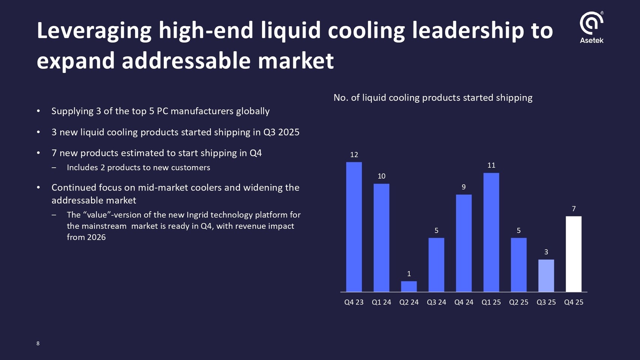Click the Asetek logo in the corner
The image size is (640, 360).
591,27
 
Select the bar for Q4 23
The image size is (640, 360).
354,227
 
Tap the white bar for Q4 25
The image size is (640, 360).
573,254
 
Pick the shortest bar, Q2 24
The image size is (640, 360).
409,286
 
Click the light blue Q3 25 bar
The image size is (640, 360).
546,276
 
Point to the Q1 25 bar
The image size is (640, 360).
491,232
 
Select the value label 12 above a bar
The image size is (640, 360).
354,154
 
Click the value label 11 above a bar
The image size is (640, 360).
491,165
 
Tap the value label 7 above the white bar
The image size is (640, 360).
574,209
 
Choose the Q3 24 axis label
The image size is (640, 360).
436,302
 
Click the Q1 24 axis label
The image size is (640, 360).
381,302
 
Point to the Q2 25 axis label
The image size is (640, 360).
519,302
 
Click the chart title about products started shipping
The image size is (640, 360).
433,98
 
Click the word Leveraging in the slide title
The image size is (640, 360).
94,31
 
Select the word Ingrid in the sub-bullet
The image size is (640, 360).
197,215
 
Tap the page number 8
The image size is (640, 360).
38,343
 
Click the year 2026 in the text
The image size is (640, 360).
96,237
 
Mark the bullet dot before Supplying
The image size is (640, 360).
38,111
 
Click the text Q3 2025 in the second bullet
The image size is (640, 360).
281,132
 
